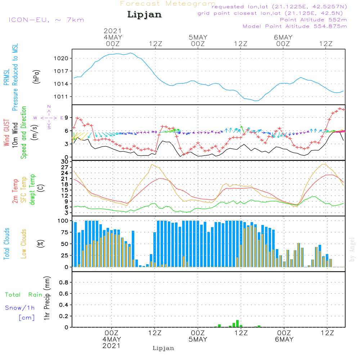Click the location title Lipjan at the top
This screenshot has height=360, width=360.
coord(144,15)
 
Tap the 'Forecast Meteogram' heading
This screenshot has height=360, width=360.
coord(168,4)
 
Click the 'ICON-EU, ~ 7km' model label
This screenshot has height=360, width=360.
coord(46,20)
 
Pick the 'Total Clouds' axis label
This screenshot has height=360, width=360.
coord(7,244)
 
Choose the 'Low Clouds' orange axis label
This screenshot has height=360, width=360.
coord(24,244)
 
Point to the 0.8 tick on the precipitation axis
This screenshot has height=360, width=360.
coord(64,283)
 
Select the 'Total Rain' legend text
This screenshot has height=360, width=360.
coord(23,295)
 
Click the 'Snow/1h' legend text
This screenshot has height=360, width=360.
coord(20,308)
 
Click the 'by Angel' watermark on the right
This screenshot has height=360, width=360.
coord(352,249)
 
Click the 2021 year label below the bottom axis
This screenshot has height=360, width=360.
coord(112,346)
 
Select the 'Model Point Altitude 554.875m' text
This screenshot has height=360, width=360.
coord(295,26)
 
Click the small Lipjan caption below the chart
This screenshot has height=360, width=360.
coord(163,348)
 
